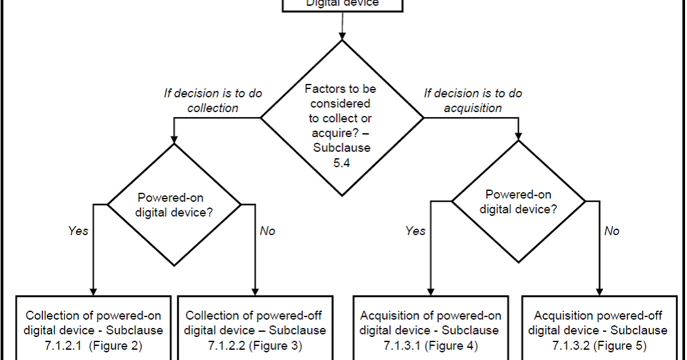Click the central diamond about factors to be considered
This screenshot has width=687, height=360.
(342, 117)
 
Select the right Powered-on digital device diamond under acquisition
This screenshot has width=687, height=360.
(518, 201)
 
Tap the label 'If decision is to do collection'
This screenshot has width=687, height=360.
(213, 101)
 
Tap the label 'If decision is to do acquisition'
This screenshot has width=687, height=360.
(473, 101)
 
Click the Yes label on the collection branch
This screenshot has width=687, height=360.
(78, 231)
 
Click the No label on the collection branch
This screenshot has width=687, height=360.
(267, 231)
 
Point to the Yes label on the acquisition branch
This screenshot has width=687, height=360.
(415, 231)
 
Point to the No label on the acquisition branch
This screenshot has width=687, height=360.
(612, 231)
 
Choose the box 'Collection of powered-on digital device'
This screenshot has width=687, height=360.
(94, 330)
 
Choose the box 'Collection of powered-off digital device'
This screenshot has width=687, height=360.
(255, 330)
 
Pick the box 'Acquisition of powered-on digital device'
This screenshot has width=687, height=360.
(431, 330)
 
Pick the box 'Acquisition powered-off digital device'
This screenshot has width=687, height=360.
(599, 330)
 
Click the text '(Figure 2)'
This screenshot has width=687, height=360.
(115, 346)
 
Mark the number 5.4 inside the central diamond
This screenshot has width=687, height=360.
(342, 163)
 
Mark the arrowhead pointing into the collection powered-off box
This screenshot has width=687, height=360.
(256, 291)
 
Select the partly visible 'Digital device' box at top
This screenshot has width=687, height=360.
(343, 4)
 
